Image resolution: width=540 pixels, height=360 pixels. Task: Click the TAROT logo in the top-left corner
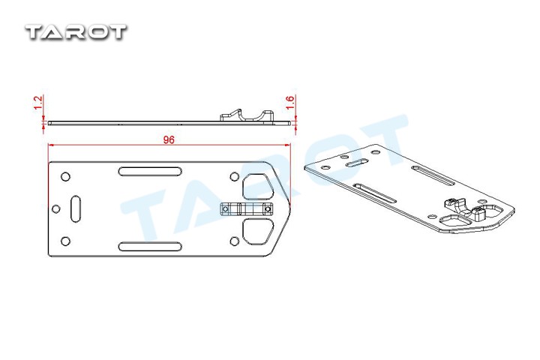click(x=76, y=31)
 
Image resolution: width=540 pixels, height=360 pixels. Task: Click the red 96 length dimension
click(x=169, y=139)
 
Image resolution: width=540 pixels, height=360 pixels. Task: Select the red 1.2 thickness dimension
click(x=38, y=103)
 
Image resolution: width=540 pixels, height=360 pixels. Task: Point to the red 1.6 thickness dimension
click(x=290, y=103)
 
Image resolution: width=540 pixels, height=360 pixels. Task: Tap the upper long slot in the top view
click(x=150, y=171)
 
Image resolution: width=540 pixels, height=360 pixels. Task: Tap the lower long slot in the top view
click(x=150, y=246)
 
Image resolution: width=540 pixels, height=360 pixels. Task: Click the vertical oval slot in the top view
click(x=76, y=208)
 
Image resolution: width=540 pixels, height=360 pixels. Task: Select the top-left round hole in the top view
click(x=65, y=177)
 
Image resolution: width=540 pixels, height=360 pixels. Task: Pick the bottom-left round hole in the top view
click(x=65, y=241)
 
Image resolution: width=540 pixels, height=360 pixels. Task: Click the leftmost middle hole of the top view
click(x=55, y=208)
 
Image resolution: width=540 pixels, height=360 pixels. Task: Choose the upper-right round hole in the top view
click(x=234, y=177)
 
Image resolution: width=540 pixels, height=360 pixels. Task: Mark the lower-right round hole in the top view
click(x=234, y=241)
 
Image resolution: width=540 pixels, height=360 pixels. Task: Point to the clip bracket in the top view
click(x=246, y=208)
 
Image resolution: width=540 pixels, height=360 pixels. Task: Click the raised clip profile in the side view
click(x=247, y=115)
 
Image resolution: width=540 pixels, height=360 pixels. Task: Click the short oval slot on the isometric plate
click(x=357, y=163)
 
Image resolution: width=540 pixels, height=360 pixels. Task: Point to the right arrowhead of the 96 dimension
click(x=288, y=145)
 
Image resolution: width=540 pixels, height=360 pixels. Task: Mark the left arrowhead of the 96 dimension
click(x=51, y=145)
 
